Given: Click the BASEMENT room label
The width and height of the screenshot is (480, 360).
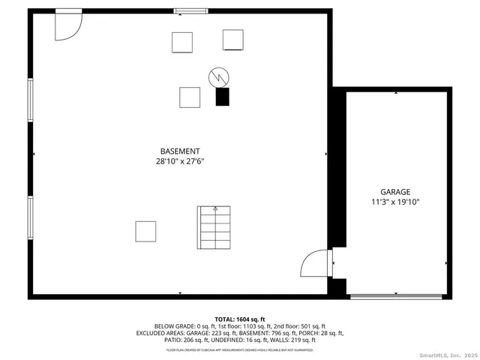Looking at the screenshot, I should click(x=180, y=151).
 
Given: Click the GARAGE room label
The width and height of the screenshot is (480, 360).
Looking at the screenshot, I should click(x=395, y=192).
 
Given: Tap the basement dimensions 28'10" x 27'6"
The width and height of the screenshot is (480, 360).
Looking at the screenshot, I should click(x=180, y=161).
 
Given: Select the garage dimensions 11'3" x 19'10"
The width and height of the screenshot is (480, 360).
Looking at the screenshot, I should click(x=395, y=202).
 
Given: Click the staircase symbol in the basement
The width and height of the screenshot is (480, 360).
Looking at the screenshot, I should click(x=214, y=228).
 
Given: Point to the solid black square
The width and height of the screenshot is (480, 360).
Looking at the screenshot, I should click(x=222, y=97).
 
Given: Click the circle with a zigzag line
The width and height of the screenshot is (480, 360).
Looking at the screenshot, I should click(x=218, y=76).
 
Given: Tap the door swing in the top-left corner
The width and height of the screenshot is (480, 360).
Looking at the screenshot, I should click(x=68, y=25).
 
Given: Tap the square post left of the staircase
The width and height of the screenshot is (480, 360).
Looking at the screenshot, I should click(x=145, y=231).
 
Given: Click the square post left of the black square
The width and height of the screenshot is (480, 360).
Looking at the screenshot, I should click(x=190, y=97).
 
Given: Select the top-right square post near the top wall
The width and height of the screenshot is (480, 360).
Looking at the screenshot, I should click(x=233, y=40).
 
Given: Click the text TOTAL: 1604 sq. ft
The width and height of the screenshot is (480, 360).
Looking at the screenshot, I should click(x=239, y=319).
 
